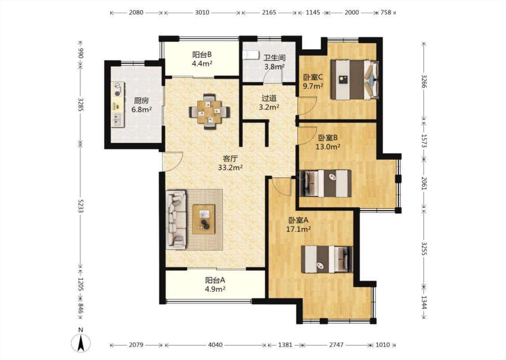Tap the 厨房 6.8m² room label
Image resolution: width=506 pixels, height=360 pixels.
141,105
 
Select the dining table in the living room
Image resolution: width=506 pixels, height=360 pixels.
210,112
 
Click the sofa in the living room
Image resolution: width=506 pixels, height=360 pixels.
176,220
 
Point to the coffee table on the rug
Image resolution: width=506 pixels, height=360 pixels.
204,219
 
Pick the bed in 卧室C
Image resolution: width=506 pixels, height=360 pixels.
354,80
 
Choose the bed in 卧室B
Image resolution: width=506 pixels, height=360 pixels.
325,184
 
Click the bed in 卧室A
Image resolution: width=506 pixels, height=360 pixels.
327,259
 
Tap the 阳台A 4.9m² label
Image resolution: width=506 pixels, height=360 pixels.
215,284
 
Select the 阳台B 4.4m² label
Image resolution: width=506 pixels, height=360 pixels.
202,59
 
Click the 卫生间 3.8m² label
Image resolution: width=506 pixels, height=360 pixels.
274,62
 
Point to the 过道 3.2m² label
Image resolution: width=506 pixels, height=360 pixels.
269,102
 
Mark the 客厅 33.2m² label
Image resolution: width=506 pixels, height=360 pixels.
230,163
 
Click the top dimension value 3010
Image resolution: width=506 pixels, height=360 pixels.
202,13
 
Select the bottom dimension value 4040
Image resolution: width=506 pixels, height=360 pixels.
215,345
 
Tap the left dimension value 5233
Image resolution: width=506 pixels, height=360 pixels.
81,206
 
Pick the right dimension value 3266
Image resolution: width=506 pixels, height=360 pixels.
424,81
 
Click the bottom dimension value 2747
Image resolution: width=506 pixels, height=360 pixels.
336,345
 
